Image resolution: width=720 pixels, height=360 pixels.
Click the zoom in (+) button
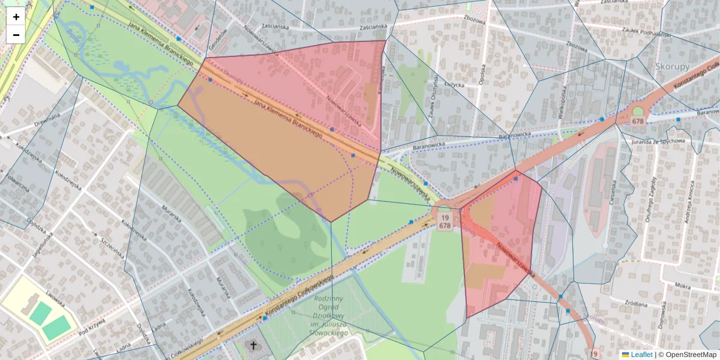[x=16, y=17]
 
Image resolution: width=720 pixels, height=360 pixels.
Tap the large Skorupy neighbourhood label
[x=673, y=66]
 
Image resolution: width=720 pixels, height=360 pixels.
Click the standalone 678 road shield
[x=637, y=121]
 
